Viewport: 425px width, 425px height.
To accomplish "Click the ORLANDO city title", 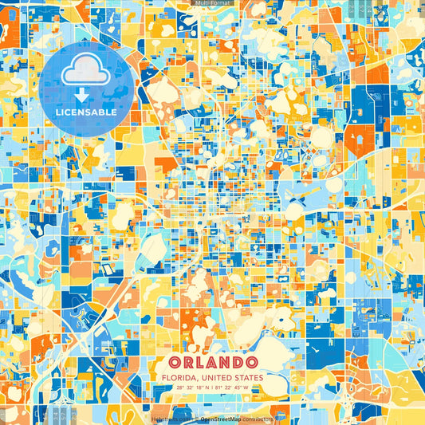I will [x=212, y=363].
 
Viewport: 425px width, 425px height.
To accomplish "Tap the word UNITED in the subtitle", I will [x=217, y=377].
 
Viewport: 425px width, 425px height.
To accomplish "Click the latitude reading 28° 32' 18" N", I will [x=192, y=388].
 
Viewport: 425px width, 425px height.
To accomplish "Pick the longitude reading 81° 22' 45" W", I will [x=232, y=388].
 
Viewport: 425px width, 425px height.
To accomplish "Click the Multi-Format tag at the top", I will [x=212, y=4].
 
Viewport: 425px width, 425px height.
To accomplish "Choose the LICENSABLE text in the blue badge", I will [x=86, y=112].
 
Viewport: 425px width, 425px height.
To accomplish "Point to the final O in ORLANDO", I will [x=250, y=363].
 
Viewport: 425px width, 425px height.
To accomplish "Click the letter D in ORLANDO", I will [x=235, y=363].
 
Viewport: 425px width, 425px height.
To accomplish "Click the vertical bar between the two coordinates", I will [x=212, y=388].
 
